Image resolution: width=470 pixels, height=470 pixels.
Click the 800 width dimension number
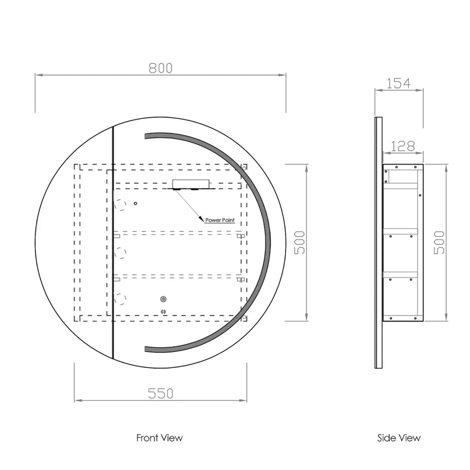[161, 68]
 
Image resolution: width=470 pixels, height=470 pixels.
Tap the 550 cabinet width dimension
[161, 393]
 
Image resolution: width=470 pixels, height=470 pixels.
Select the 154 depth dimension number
[399, 83]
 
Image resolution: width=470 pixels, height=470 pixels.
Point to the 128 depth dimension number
[403, 146]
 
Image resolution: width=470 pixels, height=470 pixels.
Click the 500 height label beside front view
[300, 242]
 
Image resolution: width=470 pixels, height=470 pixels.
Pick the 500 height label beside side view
[440, 242]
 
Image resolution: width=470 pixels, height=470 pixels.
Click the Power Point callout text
[220, 220]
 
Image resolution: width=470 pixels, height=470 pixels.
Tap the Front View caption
[160, 438]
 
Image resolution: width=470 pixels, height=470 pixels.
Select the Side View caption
[399, 438]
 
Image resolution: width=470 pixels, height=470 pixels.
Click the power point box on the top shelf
[190, 185]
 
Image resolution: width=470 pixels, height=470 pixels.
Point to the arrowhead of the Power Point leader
[201, 220]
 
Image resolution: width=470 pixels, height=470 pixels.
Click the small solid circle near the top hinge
[136, 203]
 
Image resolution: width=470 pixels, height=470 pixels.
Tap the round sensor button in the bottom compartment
[164, 299]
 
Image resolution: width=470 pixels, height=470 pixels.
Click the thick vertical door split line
[113, 242]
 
